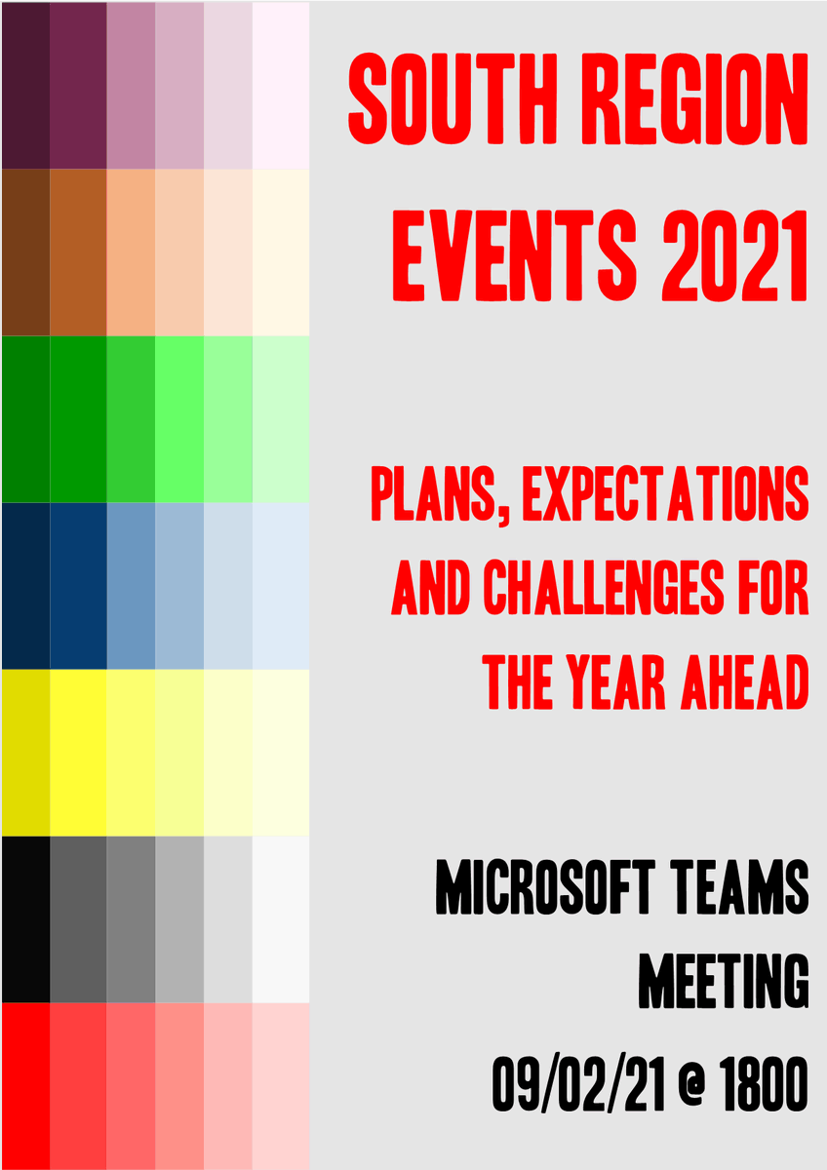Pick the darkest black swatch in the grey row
[25, 918]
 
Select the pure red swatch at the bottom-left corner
[25, 1085]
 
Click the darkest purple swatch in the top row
[25, 85]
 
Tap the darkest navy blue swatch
[25, 585]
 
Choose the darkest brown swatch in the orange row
[25, 252]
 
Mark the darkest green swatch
[25, 418]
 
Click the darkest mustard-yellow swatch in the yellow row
[25, 752]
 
